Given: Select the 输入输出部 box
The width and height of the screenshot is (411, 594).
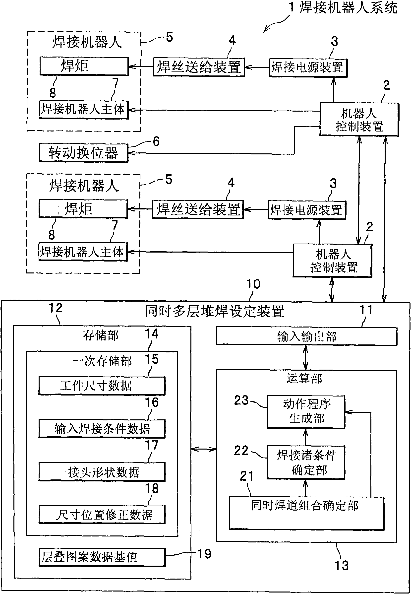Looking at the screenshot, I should [x=306, y=336].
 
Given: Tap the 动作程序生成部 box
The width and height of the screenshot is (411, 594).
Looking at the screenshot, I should [x=306, y=412].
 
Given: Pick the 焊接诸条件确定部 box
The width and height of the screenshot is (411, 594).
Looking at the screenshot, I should [x=306, y=462].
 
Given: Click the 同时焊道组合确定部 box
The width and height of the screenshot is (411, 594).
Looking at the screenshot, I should [x=306, y=513].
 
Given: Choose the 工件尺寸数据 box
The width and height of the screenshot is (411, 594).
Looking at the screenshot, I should [x=102, y=386].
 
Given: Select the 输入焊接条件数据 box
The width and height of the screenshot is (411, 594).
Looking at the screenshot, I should [x=102, y=429].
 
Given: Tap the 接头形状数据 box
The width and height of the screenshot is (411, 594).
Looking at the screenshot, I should [x=102, y=472].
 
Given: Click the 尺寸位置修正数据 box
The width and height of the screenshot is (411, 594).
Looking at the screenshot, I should [x=102, y=515].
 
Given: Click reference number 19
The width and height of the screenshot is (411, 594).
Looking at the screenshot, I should [x=204, y=554].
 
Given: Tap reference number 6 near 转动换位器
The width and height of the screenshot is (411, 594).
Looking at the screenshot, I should [x=156, y=141].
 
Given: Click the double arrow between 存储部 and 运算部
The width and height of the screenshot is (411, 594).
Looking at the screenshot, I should [x=203, y=450].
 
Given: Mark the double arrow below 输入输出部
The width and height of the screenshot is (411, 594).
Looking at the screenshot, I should [x=306, y=358].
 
